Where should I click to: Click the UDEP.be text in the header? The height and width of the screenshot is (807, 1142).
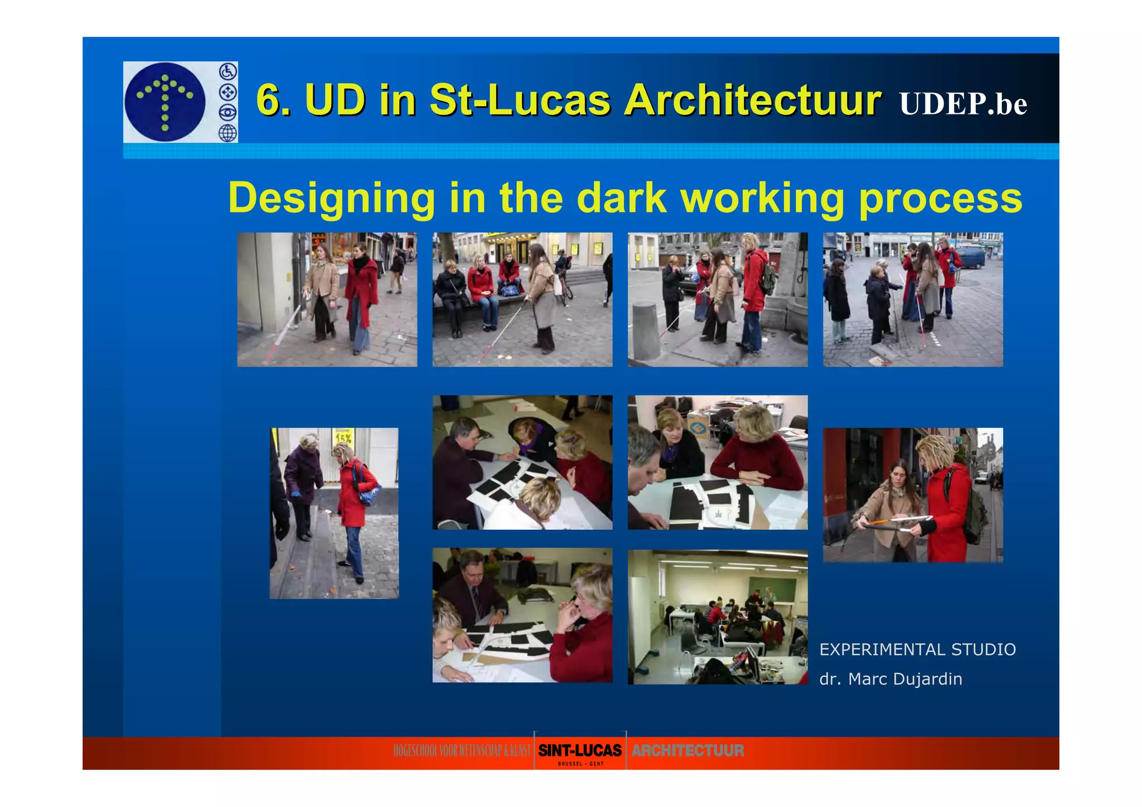(x=962, y=104)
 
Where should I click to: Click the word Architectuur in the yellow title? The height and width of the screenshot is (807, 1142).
(x=752, y=100)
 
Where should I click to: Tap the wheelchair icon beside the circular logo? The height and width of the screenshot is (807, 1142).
(x=228, y=72)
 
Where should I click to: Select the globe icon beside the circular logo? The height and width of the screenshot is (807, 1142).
(x=228, y=133)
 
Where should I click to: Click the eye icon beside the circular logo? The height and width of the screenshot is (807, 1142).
(x=228, y=112)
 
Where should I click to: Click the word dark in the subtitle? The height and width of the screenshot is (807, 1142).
(x=621, y=198)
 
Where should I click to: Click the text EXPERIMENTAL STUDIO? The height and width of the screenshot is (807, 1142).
(x=917, y=650)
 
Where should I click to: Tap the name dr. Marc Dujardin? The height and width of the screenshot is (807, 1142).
(x=891, y=679)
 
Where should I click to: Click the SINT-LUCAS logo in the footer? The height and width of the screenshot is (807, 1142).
(x=580, y=751)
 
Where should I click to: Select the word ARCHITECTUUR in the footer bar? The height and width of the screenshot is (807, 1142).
(x=688, y=751)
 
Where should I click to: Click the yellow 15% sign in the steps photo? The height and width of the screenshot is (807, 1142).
(x=343, y=436)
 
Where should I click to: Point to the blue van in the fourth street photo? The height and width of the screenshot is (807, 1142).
(x=972, y=258)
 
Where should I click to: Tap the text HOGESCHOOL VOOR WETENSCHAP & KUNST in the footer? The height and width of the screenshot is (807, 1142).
(x=461, y=751)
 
